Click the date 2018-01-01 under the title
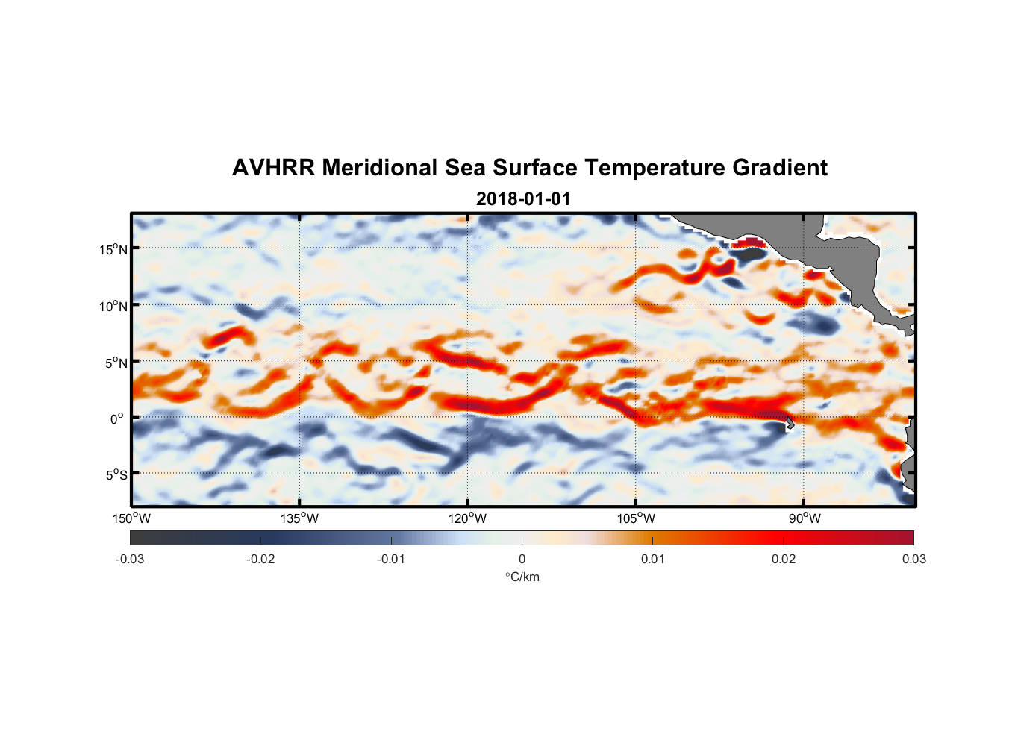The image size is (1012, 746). [523, 199]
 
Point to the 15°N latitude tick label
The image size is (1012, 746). [113, 249]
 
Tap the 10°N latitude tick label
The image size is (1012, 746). [113, 306]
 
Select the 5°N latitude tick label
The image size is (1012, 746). [116, 363]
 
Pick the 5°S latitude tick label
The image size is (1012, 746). [116, 475]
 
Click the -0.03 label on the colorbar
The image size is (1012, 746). [130, 559]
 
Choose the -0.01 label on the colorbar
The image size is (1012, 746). [391, 559]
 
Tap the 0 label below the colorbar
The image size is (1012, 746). [522, 559]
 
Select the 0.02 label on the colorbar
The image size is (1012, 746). [784, 559]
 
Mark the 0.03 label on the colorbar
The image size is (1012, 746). [913, 559]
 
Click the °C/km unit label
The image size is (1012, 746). [522, 577]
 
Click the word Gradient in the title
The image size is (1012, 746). [780, 168]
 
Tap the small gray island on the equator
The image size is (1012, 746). [790, 423]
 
